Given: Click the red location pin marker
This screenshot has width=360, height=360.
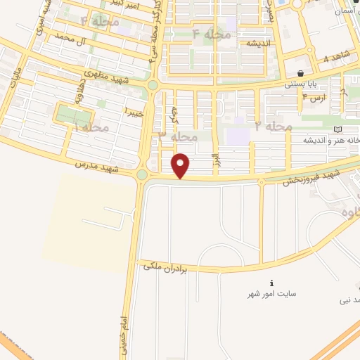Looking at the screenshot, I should point(181,166).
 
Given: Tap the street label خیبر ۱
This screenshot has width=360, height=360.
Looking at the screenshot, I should point(134,110).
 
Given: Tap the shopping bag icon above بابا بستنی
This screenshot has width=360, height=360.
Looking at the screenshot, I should point(301,72).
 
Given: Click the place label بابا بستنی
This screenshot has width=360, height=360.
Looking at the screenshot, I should point(302,84).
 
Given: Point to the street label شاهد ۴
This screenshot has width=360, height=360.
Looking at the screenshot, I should point(336,58).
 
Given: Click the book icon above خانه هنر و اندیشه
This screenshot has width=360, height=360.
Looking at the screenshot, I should point(338,130).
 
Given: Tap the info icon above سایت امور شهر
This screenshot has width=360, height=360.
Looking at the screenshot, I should point(271,283).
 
